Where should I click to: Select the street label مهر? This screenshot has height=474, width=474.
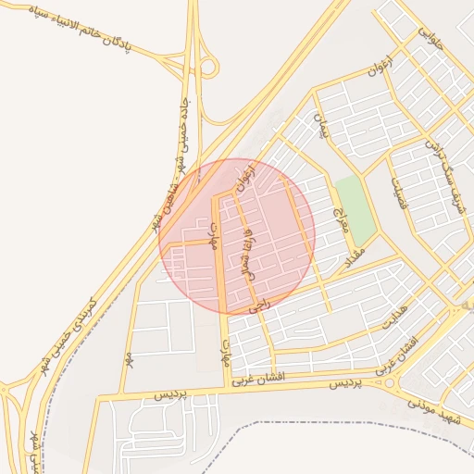130,355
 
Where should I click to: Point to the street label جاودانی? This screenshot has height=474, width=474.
430,41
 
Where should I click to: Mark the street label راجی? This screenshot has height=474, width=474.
257,302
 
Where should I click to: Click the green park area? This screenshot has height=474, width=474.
355,207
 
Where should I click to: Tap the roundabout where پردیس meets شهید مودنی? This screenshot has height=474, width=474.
380,380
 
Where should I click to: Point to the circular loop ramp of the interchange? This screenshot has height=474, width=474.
209,66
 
